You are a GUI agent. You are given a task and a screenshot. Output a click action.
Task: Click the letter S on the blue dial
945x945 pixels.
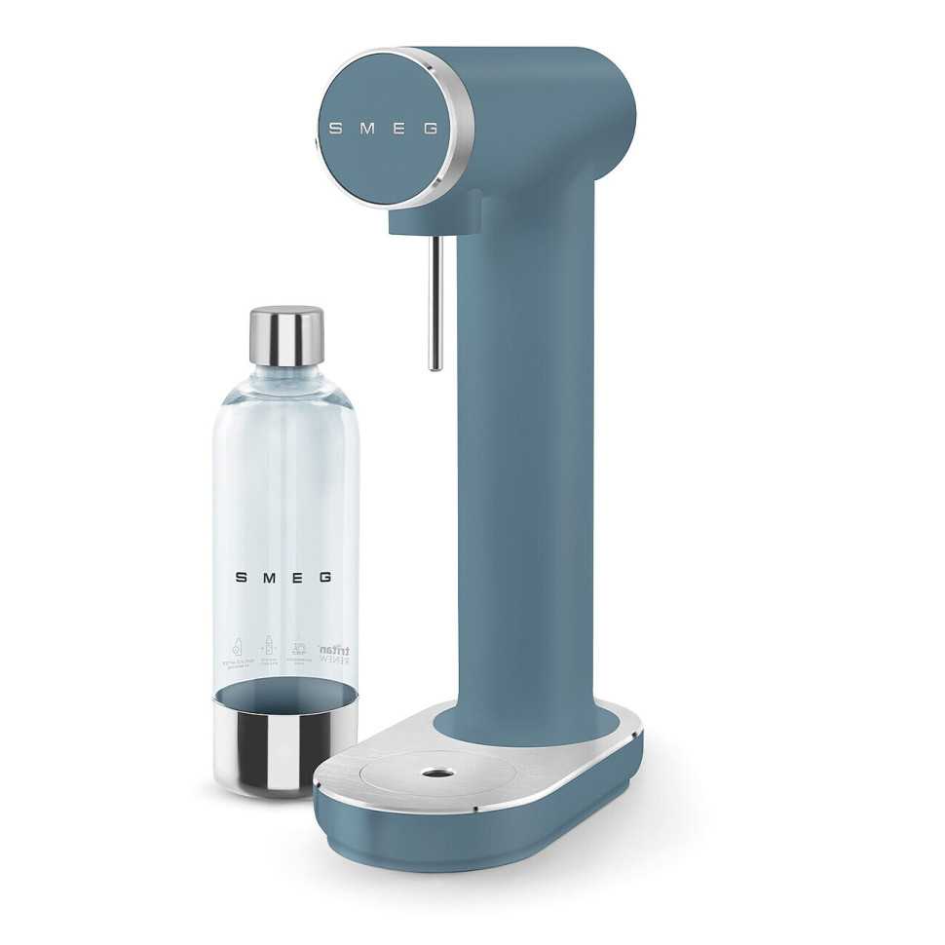coord(334,129)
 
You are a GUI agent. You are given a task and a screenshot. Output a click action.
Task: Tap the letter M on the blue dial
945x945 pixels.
coord(365,129)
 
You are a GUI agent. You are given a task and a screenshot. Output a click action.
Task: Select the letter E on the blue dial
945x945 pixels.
coord(397,129)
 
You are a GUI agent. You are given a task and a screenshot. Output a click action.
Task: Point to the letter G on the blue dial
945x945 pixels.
coord(430,129)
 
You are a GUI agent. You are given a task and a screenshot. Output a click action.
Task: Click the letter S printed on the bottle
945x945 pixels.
coord(241,577)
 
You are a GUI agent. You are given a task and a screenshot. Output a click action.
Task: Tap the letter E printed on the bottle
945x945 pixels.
coord(297,577)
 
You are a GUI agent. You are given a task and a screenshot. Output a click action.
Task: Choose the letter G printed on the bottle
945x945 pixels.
coord(325,577)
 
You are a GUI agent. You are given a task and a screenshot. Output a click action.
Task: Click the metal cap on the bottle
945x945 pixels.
coord(286,336)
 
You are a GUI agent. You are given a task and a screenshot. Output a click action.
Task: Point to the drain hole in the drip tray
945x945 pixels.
coord(430,775)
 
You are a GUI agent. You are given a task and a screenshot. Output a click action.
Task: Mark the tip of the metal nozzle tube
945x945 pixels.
coord(435,366)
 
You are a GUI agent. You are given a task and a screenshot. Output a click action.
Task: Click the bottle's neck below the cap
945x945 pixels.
coord(286,375)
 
